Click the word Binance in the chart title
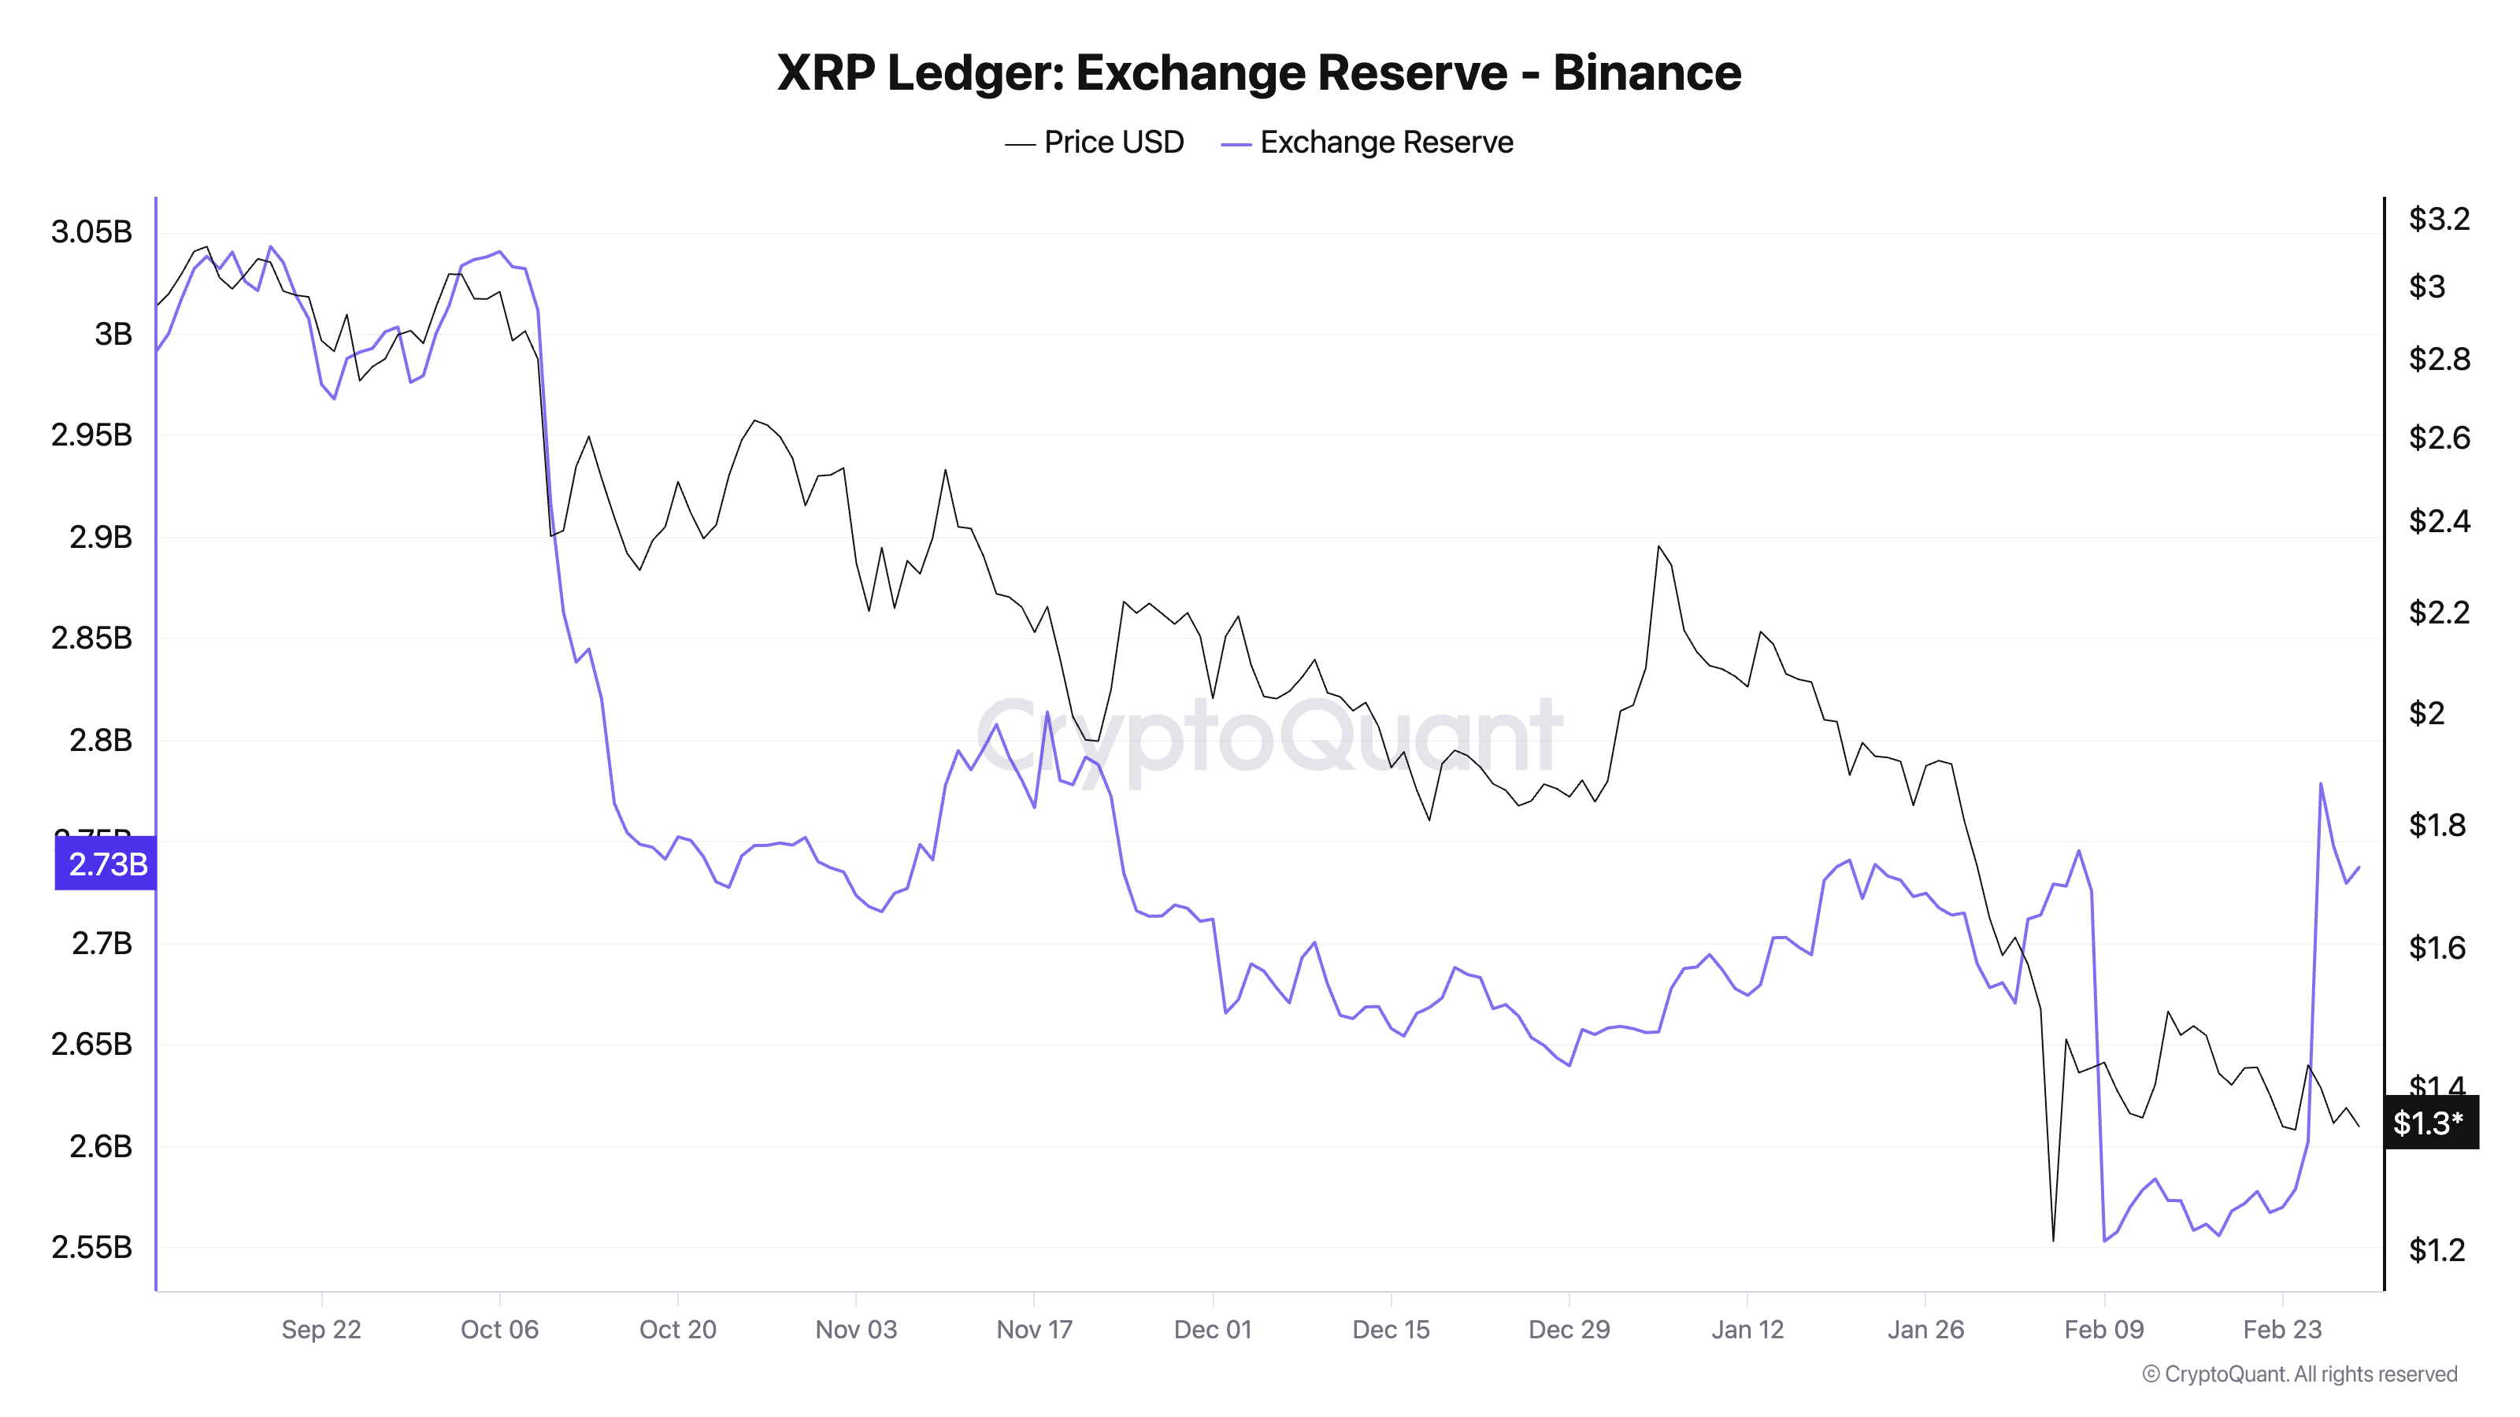pyautogui.click(x=1647, y=73)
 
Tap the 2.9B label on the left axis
pyautogui.click(x=100, y=537)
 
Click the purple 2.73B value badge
pyautogui.click(x=106, y=864)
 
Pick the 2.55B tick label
pyautogui.click(x=91, y=1247)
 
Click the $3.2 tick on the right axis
pyautogui.click(x=2438, y=219)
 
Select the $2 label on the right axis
pyautogui.click(x=2426, y=713)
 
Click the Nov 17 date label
pyautogui.click(x=1034, y=1329)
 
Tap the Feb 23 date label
pyautogui.click(x=2281, y=1329)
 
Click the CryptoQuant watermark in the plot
pyautogui.click(x=1268, y=735)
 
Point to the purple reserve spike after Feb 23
pyautogui.click(x=2321, y=783)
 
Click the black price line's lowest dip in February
pyautogui.click(x=2052, y=1240)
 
